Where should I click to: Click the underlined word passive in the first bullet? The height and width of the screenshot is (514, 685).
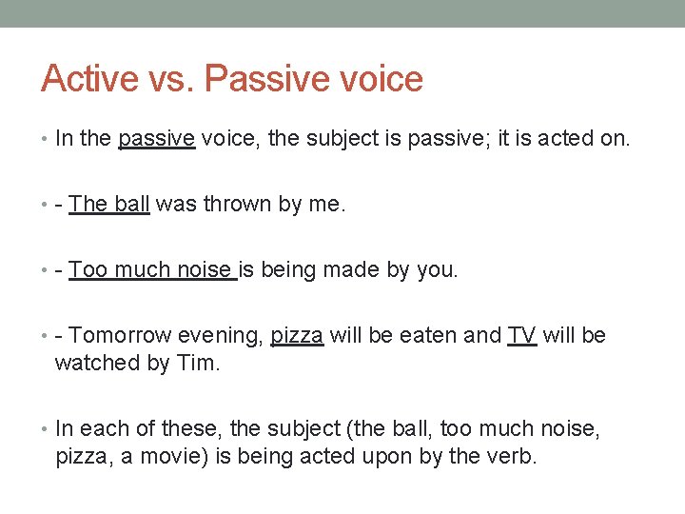point(157,139)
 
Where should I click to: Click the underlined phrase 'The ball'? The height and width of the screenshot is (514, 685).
point(109,204)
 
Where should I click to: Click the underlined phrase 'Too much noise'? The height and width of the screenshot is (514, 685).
point(151,269)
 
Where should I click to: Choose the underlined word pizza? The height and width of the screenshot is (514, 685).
point(297,335)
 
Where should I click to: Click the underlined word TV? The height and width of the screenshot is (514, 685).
point(522,335)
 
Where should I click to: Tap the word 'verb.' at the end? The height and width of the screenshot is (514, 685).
point(514,456)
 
